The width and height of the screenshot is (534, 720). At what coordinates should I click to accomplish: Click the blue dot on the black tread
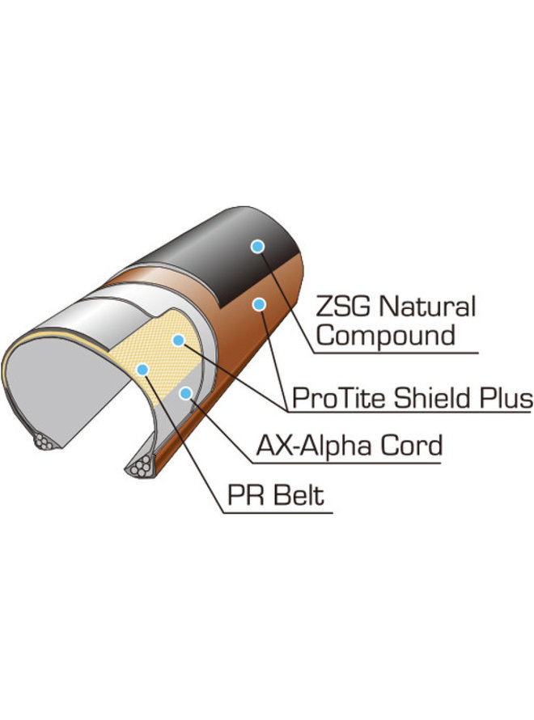click(257, 246)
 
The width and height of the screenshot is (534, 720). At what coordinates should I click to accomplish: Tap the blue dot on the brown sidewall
click(259, 304)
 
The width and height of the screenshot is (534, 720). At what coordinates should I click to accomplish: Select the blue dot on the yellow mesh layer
click(179, 341)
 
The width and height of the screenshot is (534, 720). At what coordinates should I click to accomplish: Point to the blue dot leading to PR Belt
click(142, 370)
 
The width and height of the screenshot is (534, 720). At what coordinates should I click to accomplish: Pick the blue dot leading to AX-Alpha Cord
click(186, 393)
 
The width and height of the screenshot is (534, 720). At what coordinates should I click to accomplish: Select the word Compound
click(385, 335)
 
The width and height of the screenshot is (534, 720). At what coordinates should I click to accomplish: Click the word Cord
click(409, 446)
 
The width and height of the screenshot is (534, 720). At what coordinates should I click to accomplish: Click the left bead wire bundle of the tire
click(48, 443)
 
